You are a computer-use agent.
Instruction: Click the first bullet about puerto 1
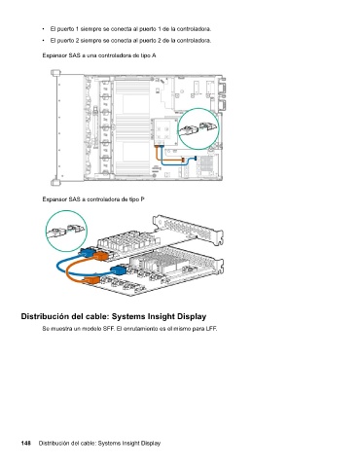(130, 29)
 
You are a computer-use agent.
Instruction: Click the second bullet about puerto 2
(130, 41)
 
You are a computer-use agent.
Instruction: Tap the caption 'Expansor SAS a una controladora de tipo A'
(99, 55)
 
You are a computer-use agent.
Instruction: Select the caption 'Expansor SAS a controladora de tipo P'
(93, 199)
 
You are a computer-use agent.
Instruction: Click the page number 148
(26, 443)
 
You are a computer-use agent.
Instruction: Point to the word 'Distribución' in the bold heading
(43, 316)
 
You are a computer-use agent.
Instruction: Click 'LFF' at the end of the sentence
(211, 329)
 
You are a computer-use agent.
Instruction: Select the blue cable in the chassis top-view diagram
(177, 163)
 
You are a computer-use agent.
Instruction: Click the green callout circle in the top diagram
(198, 109)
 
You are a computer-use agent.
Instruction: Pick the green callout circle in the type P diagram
(66, 211)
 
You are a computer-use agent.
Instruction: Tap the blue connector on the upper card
(87, 252)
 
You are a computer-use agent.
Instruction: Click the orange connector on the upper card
(100, 256)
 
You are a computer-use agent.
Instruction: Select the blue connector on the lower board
(118, 269)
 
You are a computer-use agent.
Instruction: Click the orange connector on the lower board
(91, 280)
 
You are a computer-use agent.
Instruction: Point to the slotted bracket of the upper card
(188, 228)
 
